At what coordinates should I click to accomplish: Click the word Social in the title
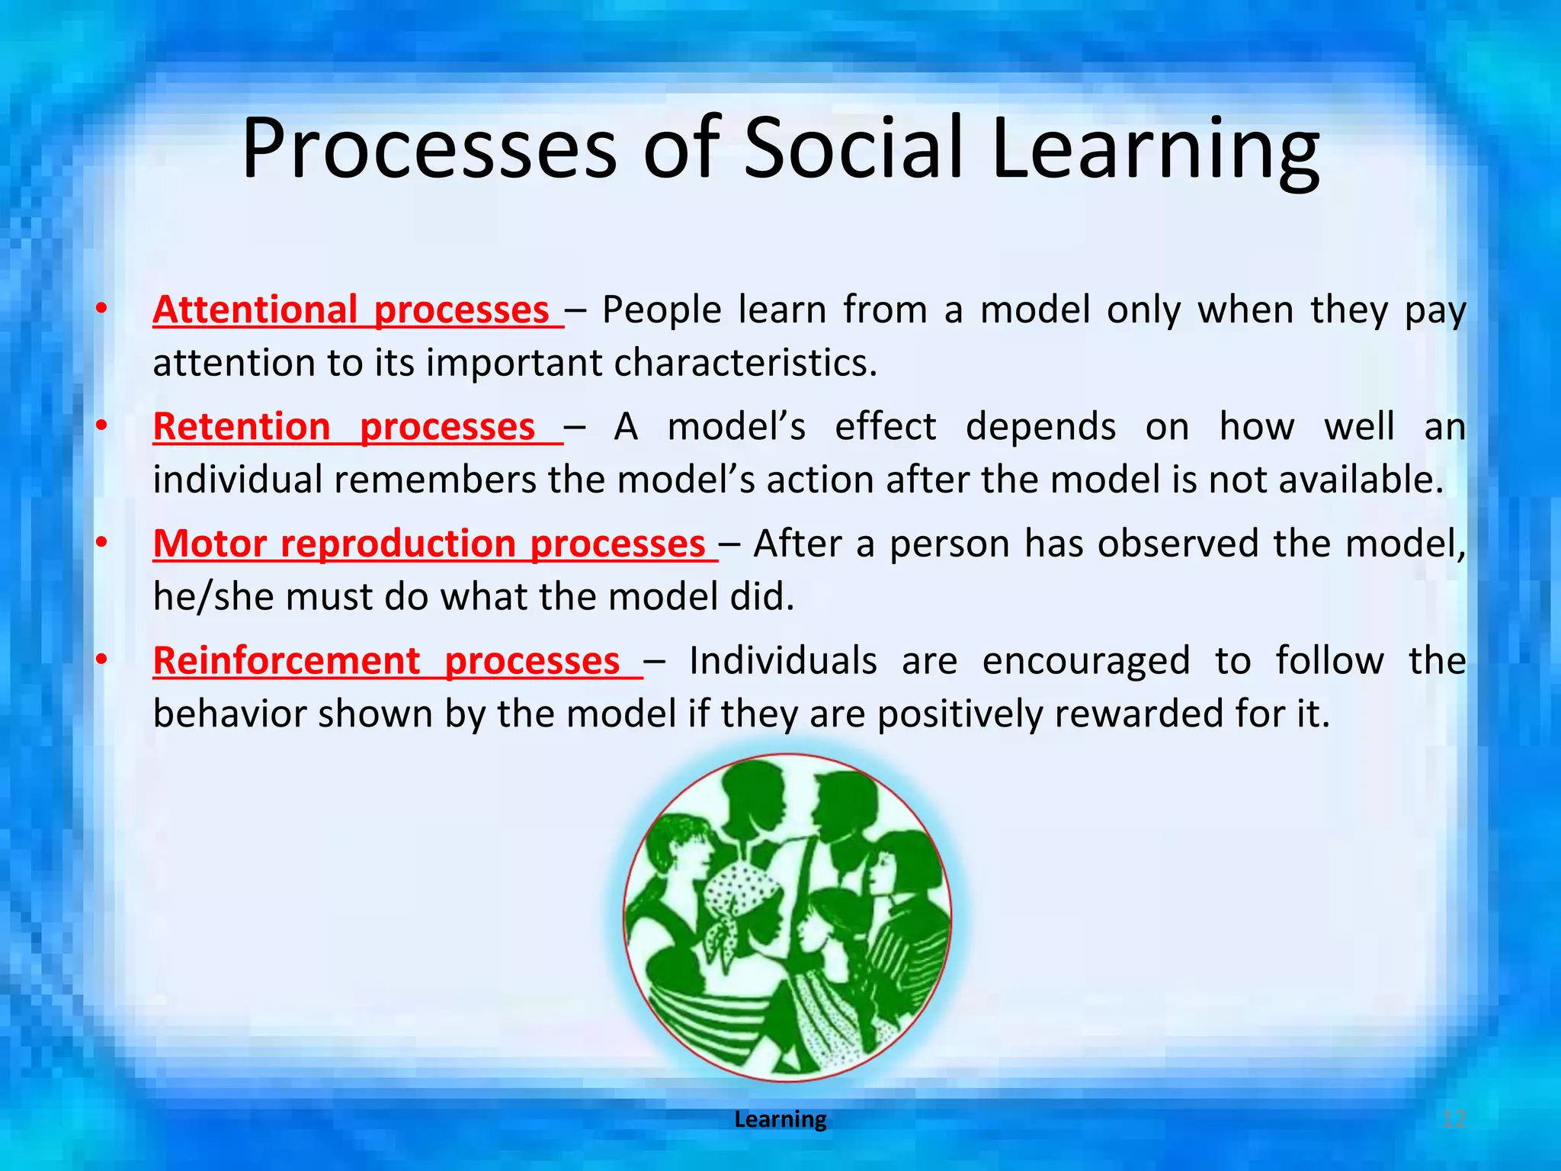click(854, 149)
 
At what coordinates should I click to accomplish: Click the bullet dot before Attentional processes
click(101, 310)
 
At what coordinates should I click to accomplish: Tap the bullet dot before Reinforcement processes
click(101, 660)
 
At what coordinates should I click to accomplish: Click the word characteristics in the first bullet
click(745, 363)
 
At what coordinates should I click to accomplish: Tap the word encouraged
click(1085, 661)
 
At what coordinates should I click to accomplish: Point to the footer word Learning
click(780, 1119)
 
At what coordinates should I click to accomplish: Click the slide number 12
click(1454, 1119)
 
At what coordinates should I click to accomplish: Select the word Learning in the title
click(1155, 149)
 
